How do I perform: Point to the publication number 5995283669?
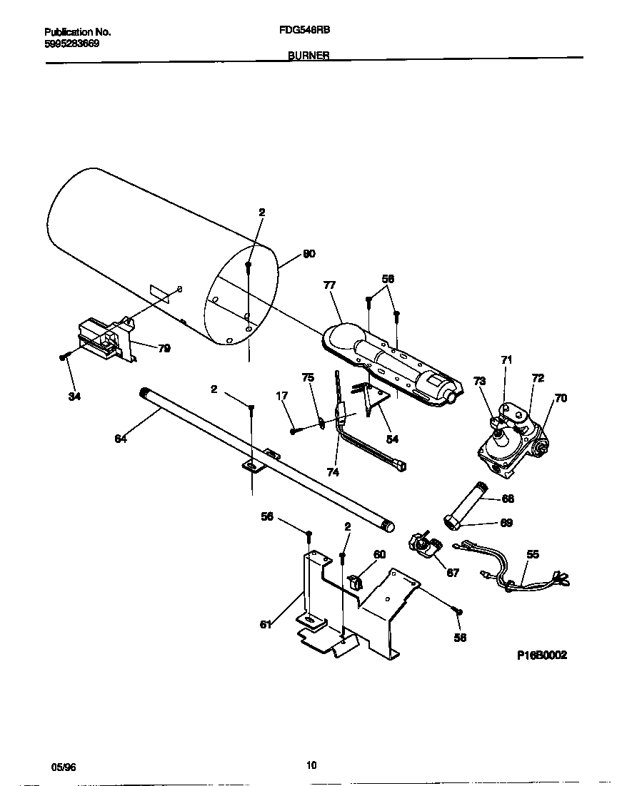tap(71, 44)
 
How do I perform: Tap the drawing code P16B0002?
tap(542, 655)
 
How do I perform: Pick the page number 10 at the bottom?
tap(311, 766)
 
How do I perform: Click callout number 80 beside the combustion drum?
tap(308, 254)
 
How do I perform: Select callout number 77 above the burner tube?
tap(329, 285)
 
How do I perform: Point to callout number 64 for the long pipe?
tap(121, 439)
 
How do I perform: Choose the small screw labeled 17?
tap(294, 431)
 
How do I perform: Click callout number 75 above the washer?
tap(307, 377)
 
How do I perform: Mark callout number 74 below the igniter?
tap(331, 471)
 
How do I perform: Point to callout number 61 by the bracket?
tap(266, 625)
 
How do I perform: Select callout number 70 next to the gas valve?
tap(560, 398)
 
